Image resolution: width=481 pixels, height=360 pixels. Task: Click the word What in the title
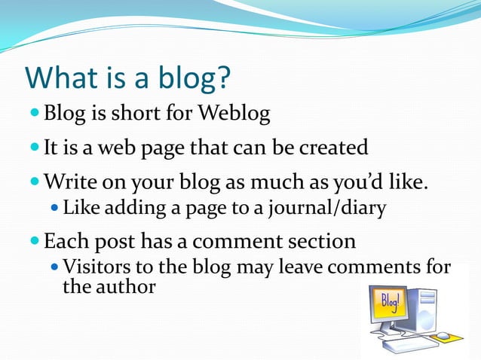point(61,78)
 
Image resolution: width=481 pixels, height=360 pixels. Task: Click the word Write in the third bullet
point(69,182)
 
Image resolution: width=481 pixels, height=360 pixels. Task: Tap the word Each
point(68,242)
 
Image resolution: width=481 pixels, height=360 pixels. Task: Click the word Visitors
point(94,267)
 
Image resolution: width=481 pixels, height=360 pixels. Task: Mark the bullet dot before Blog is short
point(35,114)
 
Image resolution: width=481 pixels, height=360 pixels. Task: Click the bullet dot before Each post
point(35,242)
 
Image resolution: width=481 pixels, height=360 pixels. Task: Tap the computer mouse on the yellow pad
point(443,335)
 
